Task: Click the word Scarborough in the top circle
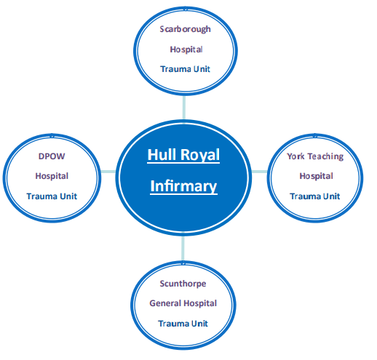pos(186,29)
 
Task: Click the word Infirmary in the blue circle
pos(183,186)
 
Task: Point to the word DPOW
pos(51,156)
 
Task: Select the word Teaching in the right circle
pos(325,156)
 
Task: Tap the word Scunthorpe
pos(183,283)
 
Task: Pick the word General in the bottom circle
pos(166,303)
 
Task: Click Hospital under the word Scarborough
pos(186,49)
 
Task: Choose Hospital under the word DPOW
pos(51,175)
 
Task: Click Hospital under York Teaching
pos(316,175)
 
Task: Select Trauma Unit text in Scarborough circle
pos(186,70)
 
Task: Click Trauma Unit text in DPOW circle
pos(51,196)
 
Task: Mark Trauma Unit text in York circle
pos(315,196)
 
